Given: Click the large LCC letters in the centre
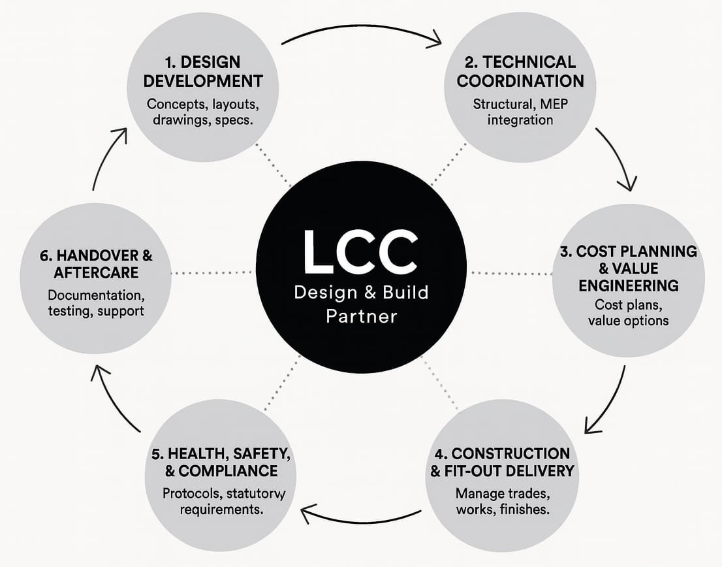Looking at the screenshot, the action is [x=360, y=251].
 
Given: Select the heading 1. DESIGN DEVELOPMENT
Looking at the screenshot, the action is [x=203, y=71].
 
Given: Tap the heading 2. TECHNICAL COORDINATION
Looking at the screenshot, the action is [x=520, y=71].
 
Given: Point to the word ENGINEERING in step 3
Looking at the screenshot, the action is [x=629, y=285].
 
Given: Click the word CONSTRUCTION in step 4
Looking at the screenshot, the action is [x=510, y=454].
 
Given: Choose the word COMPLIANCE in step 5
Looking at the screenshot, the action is [x=228, y=471].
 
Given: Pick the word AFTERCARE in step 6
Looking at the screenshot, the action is [x=96, y=272].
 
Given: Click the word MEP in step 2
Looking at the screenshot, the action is [x=554, y=104].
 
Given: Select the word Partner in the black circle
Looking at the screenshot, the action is [x=362, y=317].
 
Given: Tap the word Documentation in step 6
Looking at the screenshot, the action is [x=96, y=295].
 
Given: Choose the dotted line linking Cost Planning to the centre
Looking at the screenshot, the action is [x=511, y=273].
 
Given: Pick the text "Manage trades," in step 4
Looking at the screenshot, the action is [x=503, y=494].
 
